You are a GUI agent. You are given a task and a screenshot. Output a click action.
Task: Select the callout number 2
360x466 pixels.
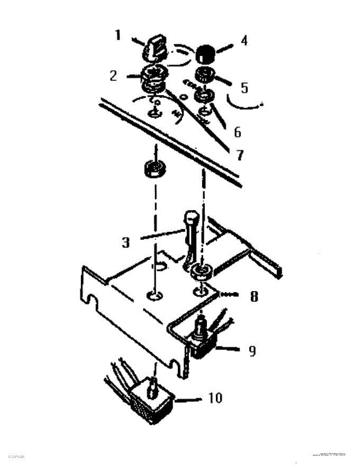[x=113, y=76]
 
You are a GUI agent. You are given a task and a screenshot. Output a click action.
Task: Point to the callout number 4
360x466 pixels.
[x=243, y=41]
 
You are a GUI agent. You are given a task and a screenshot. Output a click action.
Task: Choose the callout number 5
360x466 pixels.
[x=244, y=88]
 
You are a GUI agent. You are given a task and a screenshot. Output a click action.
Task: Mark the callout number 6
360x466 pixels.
[x=237, y=132]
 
